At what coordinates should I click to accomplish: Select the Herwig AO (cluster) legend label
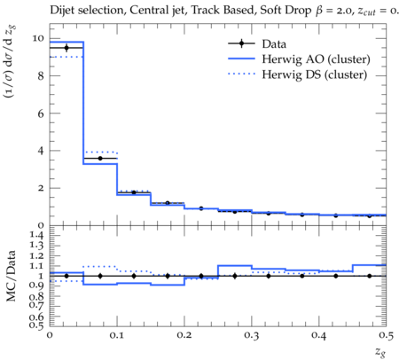click(x=316, y=59)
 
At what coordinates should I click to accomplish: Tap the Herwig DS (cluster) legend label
click(x=315, y=74)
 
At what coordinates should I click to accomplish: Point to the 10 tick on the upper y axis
click(x=38, y=38)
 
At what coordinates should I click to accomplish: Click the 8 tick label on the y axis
click(x=41, y=76)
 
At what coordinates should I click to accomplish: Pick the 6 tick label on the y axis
click(x=41, y=113)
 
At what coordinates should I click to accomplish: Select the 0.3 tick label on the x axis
click(x=252, y=335)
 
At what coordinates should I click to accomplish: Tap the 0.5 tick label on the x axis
click(x=386, y=335)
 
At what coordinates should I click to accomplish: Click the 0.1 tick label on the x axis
click(x=117, y=335)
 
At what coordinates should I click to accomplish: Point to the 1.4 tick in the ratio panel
click(x=36, y=235)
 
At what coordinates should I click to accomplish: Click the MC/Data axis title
click(x=11, y=276)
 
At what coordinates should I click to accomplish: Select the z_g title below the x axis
click(x=380, y=352)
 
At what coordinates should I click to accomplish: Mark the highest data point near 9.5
click(x=66, y=48)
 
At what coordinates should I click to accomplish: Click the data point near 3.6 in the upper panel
click(x=100, y=159)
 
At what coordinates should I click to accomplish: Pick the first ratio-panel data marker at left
click(x=66, y=276)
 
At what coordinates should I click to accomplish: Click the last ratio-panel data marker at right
click(x=370, y=276)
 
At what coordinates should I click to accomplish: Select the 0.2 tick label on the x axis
click(x=184, y=335)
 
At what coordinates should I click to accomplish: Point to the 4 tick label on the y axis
click(x=41, y=151)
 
